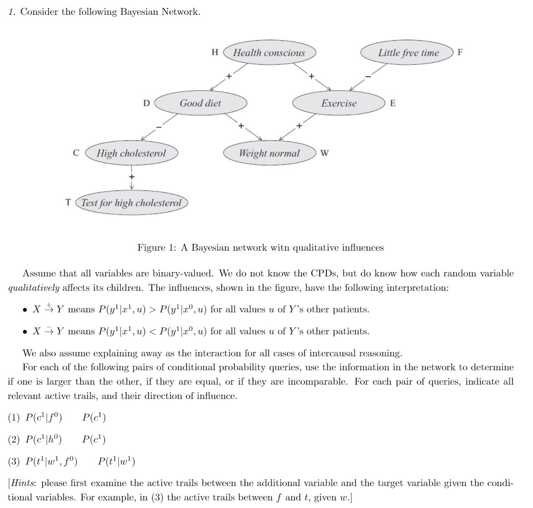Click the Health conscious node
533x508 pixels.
269,53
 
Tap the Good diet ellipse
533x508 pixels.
200,103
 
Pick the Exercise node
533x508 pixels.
339,103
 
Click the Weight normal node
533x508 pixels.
269,153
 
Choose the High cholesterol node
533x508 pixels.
131,153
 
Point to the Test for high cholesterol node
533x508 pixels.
131,203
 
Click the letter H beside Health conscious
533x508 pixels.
215,52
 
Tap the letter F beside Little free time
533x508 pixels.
460,52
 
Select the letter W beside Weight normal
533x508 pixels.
324,153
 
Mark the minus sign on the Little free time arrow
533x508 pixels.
368,76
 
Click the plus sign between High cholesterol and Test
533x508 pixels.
131,176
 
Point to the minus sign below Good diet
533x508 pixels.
159,126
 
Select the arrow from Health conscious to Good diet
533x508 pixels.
229,77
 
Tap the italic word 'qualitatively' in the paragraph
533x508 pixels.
34,288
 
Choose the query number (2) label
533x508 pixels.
14,440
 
